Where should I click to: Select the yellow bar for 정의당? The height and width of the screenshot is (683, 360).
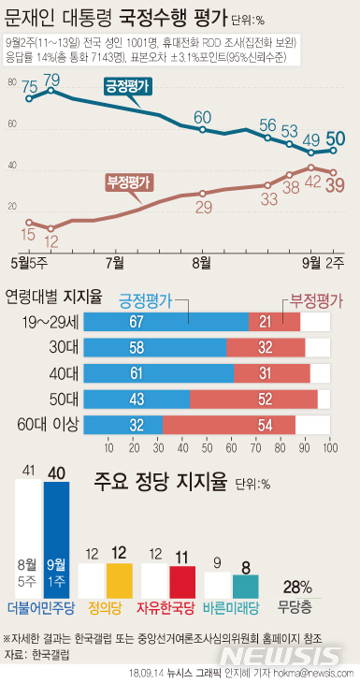[119, 581]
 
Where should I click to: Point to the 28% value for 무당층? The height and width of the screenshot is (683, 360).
[297, 588]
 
